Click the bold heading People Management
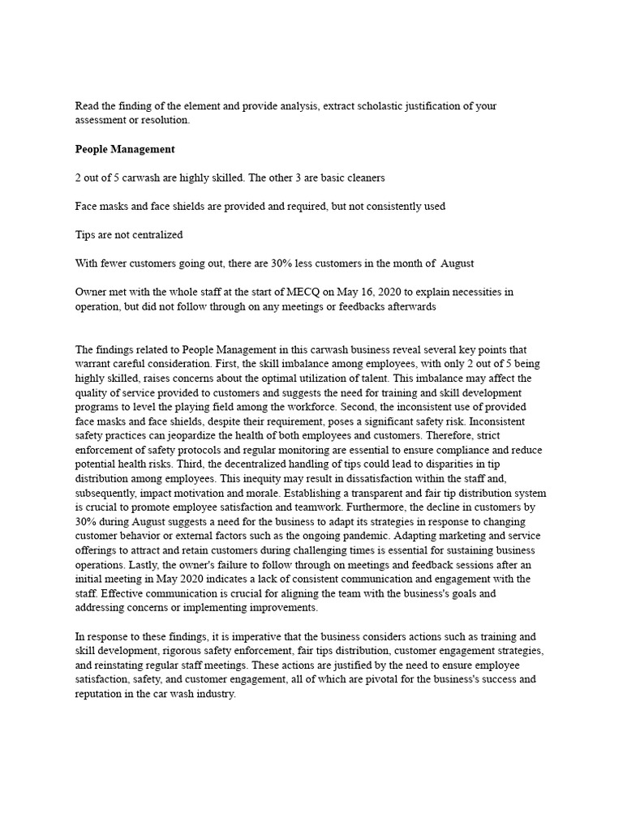pyautogui.click(x=125, y=149)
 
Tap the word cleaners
pyautogui.click(x=361, y=178)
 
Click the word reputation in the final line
pyautogui.click(x=102, y=695)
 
